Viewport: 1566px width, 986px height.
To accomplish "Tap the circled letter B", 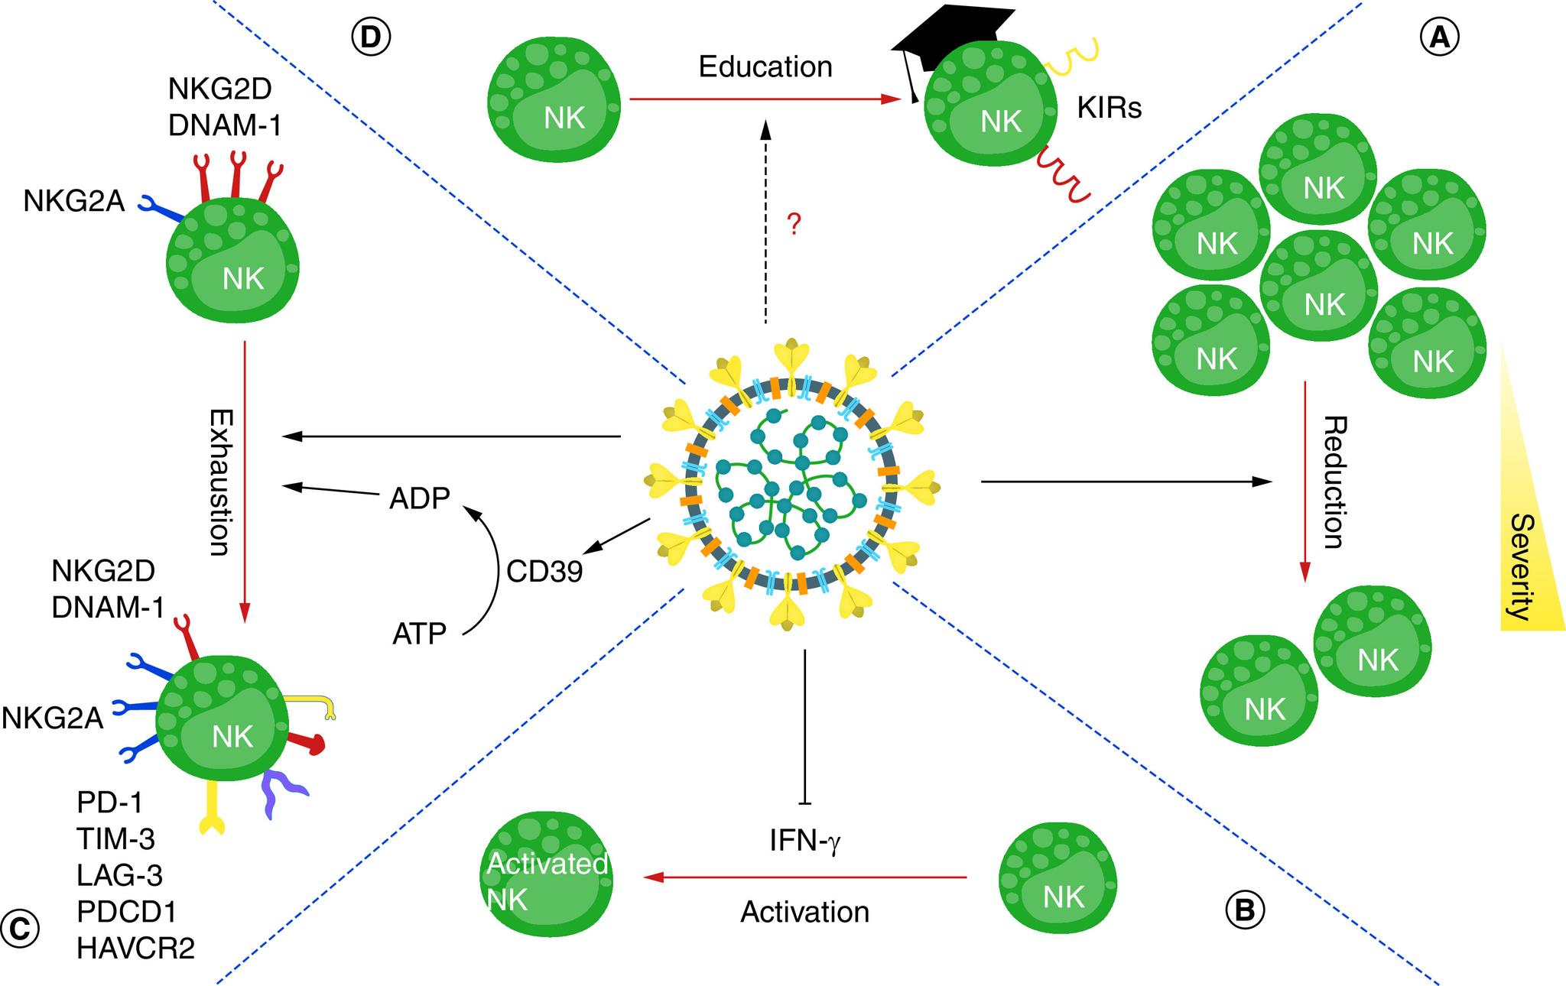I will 1244,910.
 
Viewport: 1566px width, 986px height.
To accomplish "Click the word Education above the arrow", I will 765,67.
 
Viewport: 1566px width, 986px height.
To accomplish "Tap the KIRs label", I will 1109,109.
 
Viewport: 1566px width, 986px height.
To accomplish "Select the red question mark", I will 794,225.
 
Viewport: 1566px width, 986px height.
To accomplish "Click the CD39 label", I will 544,572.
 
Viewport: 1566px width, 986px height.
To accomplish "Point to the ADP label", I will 420,498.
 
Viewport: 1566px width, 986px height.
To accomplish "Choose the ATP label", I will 419,634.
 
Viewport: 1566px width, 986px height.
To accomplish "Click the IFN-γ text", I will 805,842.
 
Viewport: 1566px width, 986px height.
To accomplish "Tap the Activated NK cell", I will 549,879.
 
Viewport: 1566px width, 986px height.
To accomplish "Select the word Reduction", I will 1333,482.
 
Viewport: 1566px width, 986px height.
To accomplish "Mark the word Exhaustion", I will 219,482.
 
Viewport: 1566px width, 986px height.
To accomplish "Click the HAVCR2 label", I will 135,949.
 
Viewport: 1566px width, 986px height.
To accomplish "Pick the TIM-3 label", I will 115,838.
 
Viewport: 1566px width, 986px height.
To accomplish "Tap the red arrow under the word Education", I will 765,99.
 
